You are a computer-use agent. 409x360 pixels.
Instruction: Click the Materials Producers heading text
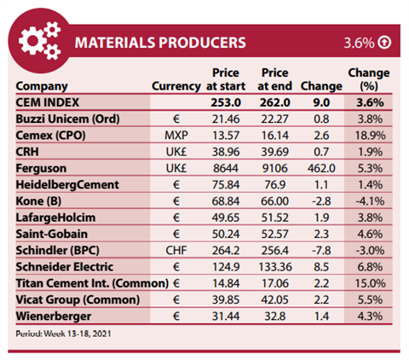160,43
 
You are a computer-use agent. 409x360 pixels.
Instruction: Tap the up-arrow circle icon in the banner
384,43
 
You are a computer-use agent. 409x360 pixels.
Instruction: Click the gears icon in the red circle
40,41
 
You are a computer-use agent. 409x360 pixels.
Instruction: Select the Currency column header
176,86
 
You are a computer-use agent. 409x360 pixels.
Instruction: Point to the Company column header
42,86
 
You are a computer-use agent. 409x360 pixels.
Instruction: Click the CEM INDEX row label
48,102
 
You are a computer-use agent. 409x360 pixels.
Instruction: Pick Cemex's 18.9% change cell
370,136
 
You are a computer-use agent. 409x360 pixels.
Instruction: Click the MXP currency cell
176,136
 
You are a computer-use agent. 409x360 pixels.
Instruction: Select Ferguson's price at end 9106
274,168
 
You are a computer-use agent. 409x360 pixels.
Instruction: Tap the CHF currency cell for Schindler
176,251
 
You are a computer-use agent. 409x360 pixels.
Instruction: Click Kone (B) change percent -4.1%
370,201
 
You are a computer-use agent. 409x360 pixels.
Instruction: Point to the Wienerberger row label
54,316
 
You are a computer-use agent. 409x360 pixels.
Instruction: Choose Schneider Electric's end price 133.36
275,267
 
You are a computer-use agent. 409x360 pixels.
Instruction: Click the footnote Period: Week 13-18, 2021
63,334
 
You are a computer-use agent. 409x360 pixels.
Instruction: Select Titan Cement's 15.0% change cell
370,283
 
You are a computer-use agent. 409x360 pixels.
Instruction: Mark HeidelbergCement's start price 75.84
226,185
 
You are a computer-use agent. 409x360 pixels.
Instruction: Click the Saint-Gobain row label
52,234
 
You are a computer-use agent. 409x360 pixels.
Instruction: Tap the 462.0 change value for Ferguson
321,168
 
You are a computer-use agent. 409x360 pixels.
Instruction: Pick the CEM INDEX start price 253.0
226,102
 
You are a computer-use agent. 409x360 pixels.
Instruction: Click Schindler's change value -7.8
321,251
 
